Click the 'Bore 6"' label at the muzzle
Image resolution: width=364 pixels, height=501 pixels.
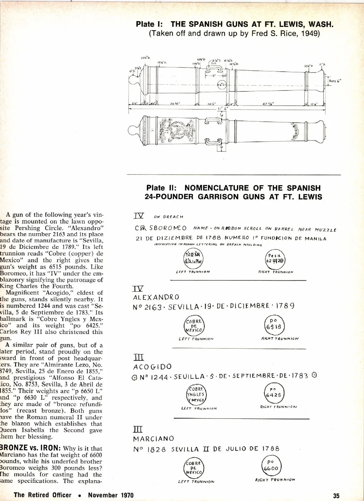[335, 81]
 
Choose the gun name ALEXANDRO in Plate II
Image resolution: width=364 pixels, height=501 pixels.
[156, 297]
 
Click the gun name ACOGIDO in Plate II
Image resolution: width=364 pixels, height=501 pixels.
[152, 367]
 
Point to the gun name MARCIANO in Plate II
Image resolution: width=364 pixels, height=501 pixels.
[154, 439]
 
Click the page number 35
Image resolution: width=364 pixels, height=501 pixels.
[336, 496]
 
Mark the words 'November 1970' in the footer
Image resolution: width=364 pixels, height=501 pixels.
[111, 495]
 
